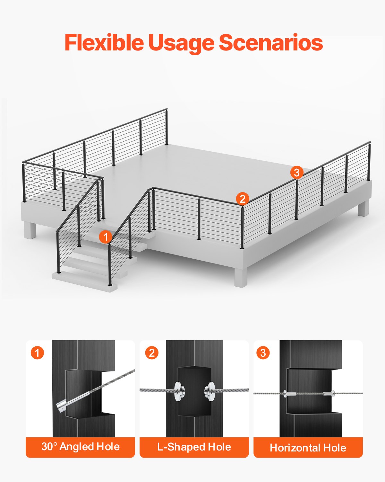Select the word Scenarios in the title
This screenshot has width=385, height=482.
click(270, 43)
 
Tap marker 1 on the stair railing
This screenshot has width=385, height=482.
click(106, 237)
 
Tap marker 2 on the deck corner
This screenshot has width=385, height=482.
click(243, 199)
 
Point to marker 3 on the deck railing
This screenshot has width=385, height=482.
click(297, 173)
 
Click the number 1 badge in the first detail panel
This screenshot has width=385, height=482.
click(37, 353)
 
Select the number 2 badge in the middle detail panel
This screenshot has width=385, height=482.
click(152, 353)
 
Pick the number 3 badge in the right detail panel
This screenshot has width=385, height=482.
click(263, 353)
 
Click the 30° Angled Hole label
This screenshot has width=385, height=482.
click(80, 447)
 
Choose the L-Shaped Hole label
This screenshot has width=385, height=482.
click(194, 447)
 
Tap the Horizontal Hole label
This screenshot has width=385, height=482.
click(308, 448)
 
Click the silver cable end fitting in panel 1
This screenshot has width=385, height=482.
click(62, 406)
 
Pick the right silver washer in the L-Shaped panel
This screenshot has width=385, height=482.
click(210, 391)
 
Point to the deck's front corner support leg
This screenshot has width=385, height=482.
click(241, 278)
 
